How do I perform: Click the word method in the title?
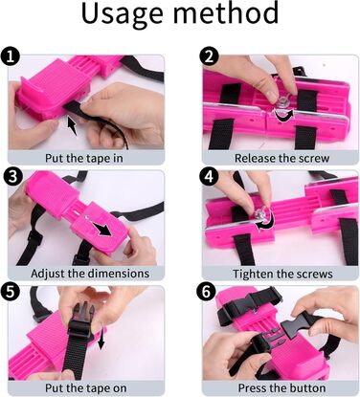tap(227, 12)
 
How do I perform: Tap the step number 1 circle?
tap(10, 57)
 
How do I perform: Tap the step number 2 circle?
tap(209, 57)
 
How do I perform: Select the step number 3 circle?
tap(11, 176)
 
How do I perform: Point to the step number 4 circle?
tap(209, 176)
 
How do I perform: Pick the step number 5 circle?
tap(10, 292)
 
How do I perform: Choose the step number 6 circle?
tap(207, 292)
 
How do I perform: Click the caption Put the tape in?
tap(83, 158)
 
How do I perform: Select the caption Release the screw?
tap(281, 158)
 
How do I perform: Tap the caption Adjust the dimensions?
tap(90, 274)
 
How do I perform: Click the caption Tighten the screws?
tap(282, 274)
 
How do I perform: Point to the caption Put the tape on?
tap(85, 388)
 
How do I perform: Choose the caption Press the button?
tap(281, 388)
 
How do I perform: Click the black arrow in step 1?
tap(73, 125)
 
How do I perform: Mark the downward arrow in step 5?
tap(101, 339)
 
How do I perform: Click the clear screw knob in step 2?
tap(282, 102)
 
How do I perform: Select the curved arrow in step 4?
tap(266, 222)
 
